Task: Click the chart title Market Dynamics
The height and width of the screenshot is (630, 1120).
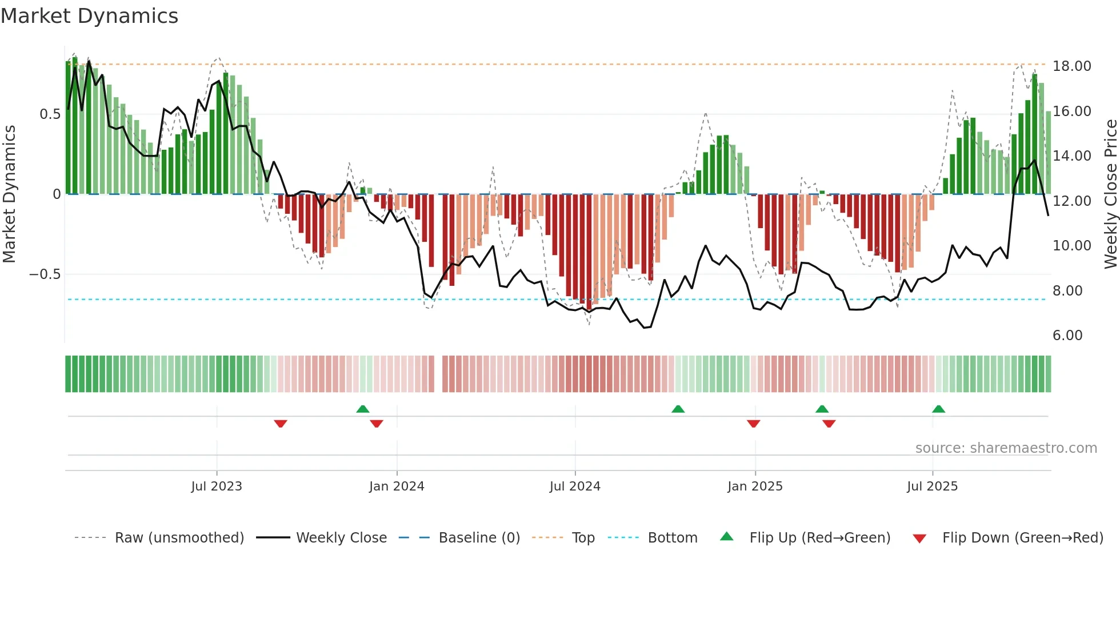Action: pyautogui.click(x=89, y=16)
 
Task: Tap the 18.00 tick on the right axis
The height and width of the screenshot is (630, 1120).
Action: pyautogui.click(x=1071, y=66)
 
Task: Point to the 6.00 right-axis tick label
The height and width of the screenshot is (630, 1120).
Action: pyautogui.click(x=1067, y=336)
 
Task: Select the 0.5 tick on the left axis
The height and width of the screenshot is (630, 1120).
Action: pyautogui.click(x=50, y=114)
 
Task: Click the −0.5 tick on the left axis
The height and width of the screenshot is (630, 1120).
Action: pyautogui.click(x=45, y=274)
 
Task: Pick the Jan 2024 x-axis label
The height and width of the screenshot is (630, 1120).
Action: pyautogui.click(x=397, y=487)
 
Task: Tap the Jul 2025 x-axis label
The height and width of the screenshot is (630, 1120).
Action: pyautogui.click(x=932, y=487)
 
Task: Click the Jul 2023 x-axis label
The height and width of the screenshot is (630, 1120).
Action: pyautogui.click(x=217, y=487)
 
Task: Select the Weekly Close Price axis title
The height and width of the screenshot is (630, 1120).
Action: pyautogui.click(x=1110, y=194)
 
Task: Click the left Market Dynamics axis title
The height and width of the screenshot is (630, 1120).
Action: pyautogui.click(x=9, y=194)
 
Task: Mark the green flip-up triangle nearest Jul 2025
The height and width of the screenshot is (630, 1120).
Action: pyautogui.click(x=938, y=409)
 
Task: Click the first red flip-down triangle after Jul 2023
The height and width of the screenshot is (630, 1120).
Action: pyautogui.click(x=280, y=424)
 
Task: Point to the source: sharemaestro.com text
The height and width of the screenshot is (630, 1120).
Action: pyautogui.click(x=1006, y=448)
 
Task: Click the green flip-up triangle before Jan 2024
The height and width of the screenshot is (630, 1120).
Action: pyautogui.click(x=362, y=409)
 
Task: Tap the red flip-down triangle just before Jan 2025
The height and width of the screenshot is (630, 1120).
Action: pyautogui.click(x=753, y=424)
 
